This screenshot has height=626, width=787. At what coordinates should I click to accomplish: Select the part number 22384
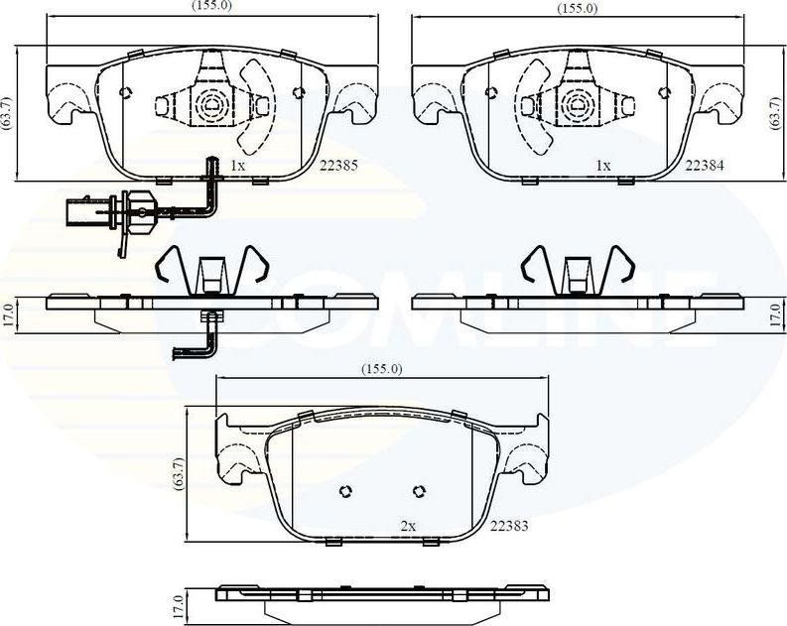click(704, 166)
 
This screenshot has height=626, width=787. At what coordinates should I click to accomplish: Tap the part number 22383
click(508, 525)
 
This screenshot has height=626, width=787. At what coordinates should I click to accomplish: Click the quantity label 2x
click(407, 525)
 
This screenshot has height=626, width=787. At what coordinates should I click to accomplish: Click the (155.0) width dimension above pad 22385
click(212, 6)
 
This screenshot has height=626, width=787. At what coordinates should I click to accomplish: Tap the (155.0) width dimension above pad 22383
click(381, 369)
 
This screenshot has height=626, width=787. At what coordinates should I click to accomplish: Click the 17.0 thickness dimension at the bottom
click(180, 603)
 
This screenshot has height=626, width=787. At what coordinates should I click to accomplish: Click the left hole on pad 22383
click(345, 491)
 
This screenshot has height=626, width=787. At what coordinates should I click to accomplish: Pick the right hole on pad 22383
click(418, 490)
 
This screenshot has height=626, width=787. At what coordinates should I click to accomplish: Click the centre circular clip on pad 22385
click(212, 103)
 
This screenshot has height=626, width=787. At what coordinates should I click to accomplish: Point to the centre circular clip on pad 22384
click(578, 103)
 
